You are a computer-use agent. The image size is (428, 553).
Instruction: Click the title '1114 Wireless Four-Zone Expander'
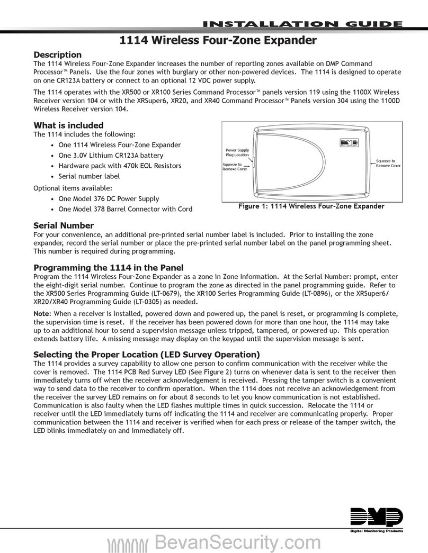click(x=213, y=40)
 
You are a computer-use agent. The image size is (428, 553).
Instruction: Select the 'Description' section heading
click(x=57, y=55)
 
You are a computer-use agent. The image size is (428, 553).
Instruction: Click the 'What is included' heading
click(x=68, y=125)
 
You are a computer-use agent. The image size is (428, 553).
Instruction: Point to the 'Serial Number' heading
click(x=64, y=225)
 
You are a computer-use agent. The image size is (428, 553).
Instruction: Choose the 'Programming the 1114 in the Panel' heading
click(x=108, y=267)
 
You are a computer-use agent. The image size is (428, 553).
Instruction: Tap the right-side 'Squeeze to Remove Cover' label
click(x=388, y=163)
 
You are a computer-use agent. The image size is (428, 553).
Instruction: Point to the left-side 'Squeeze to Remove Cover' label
click(x=235, y=167)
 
